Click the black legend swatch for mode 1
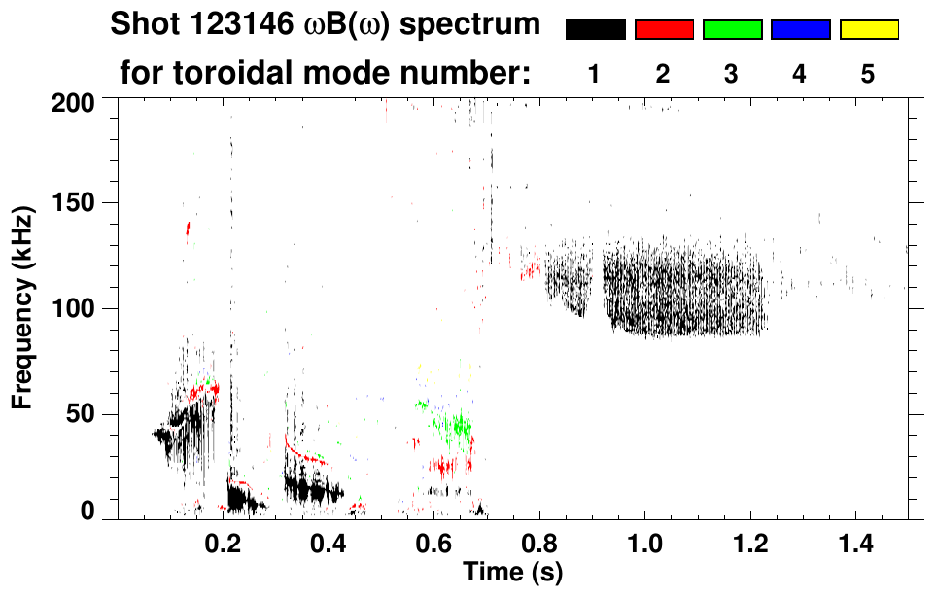(595, 30)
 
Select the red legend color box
(664, 30)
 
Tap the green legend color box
(732, 30)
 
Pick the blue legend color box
(800, 30)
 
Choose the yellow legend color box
(868, 30)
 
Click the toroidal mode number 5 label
(868, 73)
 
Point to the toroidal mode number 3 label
(731, 73)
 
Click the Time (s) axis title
(511, 572)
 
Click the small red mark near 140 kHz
(188, 229)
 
